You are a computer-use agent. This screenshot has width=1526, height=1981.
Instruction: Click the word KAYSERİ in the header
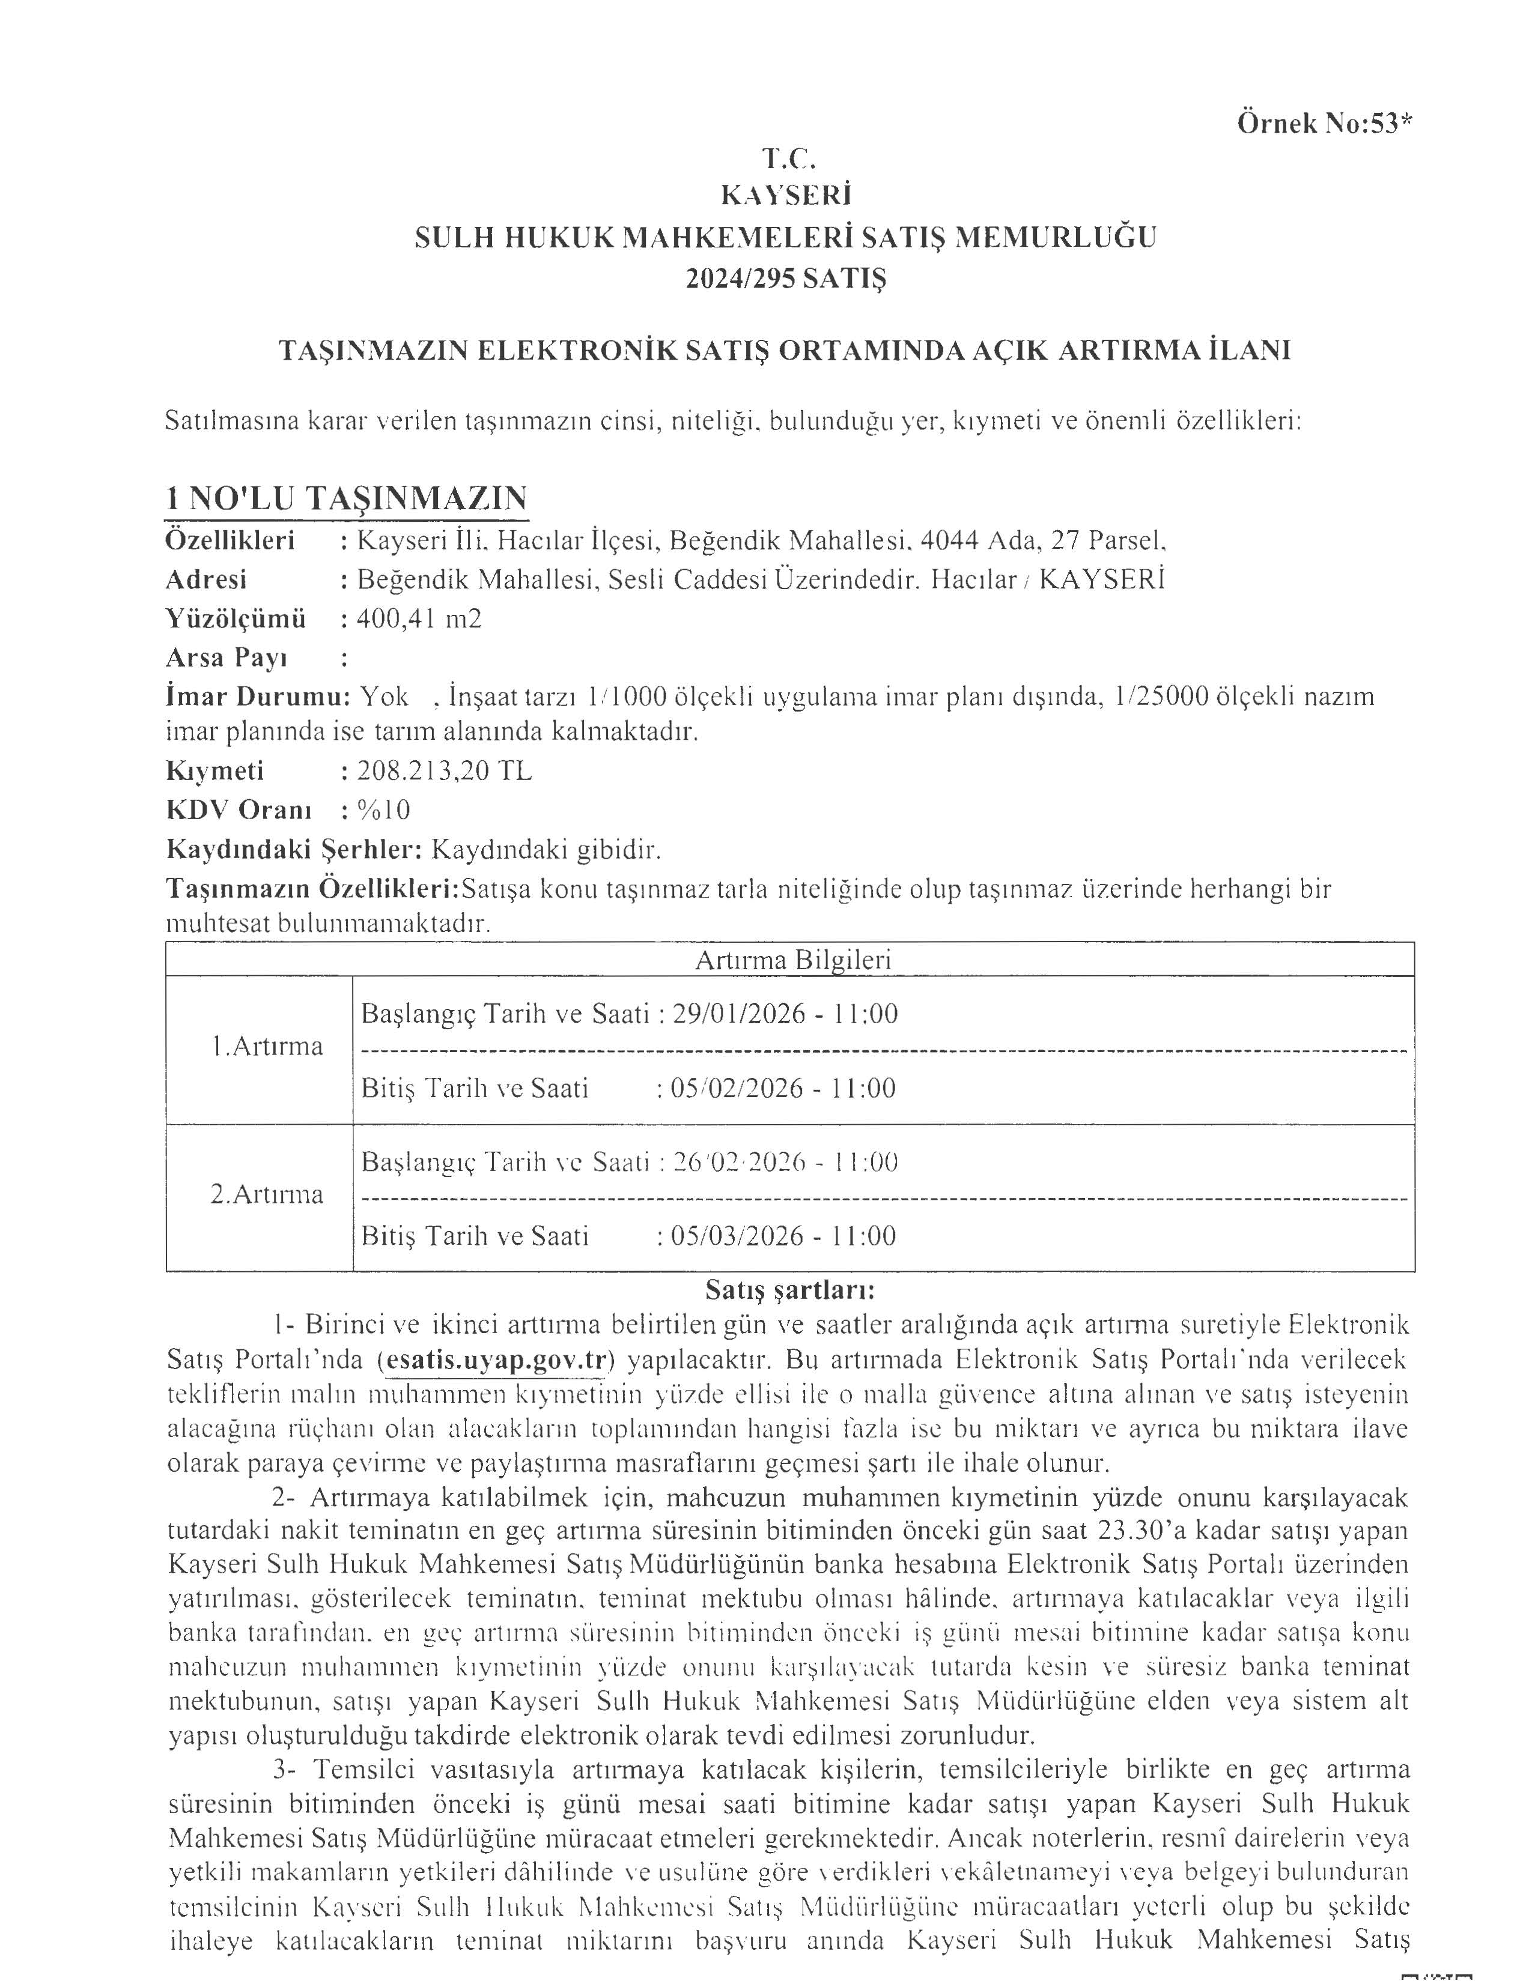pos(786,196)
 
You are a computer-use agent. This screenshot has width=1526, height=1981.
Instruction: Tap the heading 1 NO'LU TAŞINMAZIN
pos(345,499)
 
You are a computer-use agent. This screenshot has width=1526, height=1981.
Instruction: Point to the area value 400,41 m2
pos(419,618)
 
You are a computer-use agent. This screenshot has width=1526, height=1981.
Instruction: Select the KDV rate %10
pos(384,810)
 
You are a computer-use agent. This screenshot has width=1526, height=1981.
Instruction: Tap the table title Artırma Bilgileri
pos(792,960)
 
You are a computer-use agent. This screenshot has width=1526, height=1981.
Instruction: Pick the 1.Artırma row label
pos(267,1047)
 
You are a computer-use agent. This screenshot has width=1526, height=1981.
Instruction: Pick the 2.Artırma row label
pos(267,1194)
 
